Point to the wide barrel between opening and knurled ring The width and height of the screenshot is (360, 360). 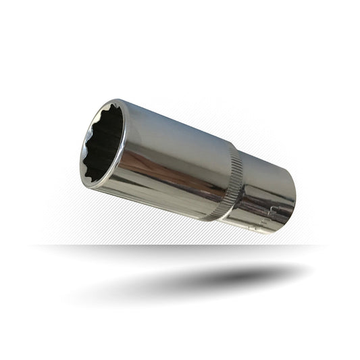tap(176, 159)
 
